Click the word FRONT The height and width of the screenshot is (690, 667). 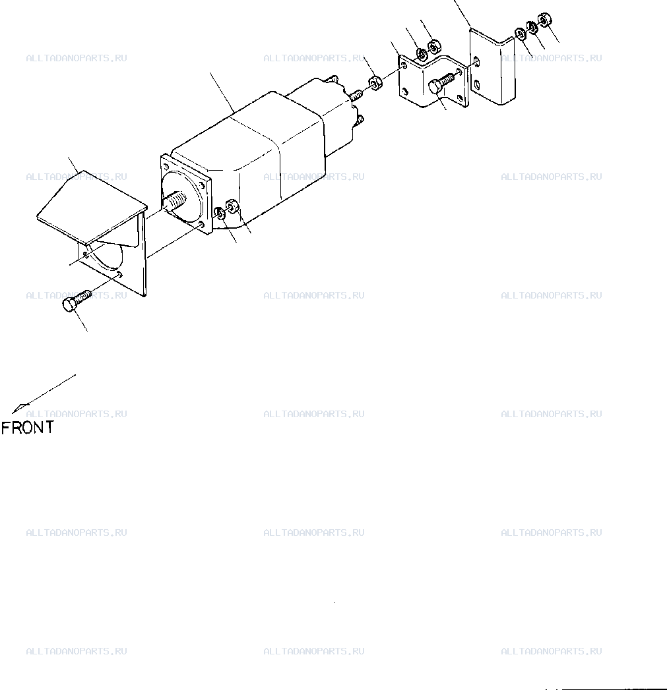[x=27, y=427]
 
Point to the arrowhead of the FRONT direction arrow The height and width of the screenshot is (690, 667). [x=19, y=408]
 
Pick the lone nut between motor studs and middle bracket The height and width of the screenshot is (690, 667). [x=375, y=83]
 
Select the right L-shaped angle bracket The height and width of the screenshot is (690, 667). [x=492, y=68]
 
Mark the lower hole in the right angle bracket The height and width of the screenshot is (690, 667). [x=477, y=83]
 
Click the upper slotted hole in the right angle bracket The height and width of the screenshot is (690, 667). [x=476, y=60]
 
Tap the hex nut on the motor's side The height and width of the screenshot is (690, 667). [x=232, y=206]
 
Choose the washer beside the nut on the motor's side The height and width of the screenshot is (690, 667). [x=220, y=214]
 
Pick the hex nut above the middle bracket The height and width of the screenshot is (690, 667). [x=435, y=45]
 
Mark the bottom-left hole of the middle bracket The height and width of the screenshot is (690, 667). [x=404, y=92]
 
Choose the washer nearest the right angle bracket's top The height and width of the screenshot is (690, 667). [x=520, y=34]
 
